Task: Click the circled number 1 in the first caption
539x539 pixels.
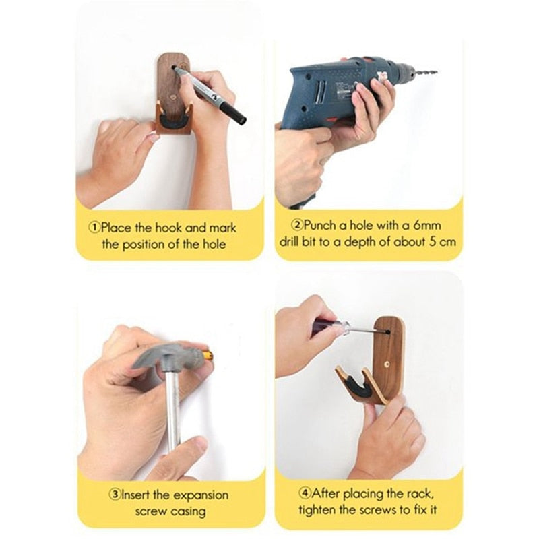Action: point(94,228)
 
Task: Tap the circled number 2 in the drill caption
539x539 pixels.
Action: point(296,225)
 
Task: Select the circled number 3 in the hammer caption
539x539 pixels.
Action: point(115,495)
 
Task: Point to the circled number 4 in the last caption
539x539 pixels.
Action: point(305,493)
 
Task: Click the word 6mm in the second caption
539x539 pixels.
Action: point(427,226)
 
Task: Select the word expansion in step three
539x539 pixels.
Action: point(200,496)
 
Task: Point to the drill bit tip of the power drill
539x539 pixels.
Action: point(435,73)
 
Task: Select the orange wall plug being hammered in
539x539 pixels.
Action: point(208,354)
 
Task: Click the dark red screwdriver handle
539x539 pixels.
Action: point(323,327)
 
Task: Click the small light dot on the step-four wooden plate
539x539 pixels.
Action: point(387,364)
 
